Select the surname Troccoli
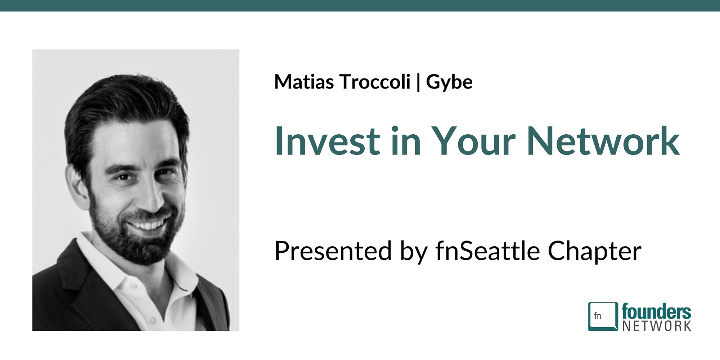click(x=375, y=82)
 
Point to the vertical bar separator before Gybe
click(x=418, y=83)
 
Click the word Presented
click(x=333, y=251)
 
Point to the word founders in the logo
click(x=656, y=312)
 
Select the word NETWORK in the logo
click(x=657, y=326)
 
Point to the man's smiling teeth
click(x=148, y=226)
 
